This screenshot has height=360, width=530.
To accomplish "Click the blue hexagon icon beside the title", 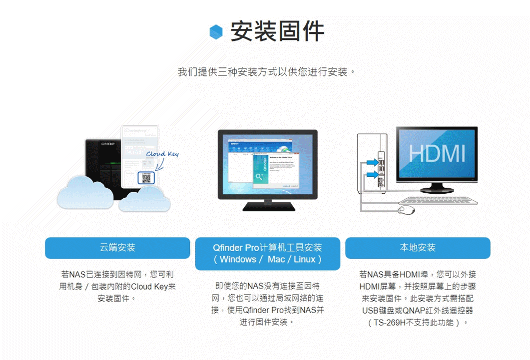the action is [216, 31].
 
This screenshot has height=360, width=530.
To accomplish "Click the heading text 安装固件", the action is [277, 31].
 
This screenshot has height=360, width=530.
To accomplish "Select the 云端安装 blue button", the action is [117, 248].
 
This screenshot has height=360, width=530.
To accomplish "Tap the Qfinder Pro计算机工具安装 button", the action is [267, 253].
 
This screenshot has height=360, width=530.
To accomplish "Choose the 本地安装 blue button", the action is [418, 248].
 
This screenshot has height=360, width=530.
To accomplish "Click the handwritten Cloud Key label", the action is [162, 154].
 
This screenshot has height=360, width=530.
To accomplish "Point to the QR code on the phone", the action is [146, 177].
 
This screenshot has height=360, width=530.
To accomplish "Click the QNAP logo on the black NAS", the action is [108, 145].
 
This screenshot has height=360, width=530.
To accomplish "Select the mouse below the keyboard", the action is [406, 210].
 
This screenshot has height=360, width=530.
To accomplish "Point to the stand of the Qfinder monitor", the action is [267, 204].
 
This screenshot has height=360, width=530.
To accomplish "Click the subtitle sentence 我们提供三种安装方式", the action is [267, 72].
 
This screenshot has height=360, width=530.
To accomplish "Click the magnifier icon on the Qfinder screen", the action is [259, 177].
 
